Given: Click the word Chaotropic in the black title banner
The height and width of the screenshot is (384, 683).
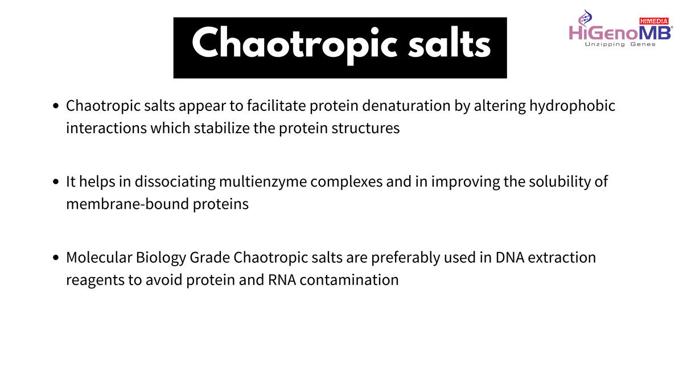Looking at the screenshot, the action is coord(295,45).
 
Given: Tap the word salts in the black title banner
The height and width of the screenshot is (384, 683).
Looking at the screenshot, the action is coord(450,43).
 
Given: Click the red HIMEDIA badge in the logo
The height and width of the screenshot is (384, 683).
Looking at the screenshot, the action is coord(654,21).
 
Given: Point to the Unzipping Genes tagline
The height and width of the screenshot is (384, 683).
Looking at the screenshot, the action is coord(620,44).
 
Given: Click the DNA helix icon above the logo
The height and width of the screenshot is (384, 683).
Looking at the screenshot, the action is coord(585,18).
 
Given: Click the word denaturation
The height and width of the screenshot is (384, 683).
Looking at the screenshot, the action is coord(406,106).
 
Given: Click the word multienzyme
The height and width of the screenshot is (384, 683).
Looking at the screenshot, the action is coord(263,182).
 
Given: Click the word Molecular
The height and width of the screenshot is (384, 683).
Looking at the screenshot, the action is coord(99,258).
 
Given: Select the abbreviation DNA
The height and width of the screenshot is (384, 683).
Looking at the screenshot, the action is coord(510,258).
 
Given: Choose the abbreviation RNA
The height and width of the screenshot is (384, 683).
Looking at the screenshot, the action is coord(282,280).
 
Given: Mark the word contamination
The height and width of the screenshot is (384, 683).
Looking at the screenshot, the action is coord(349,280).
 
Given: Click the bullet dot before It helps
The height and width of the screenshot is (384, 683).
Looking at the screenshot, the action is coord(56,182).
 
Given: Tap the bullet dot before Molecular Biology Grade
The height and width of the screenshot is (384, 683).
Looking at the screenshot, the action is coord(56,258).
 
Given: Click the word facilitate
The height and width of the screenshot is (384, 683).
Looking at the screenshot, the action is coord(276,106).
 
